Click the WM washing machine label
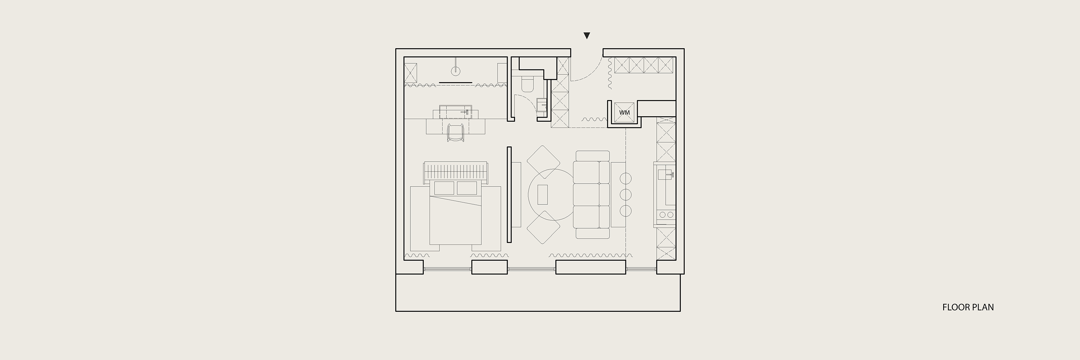pyautogui.click(x=624, y=113)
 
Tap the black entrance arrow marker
pyautogui.click(x=587, y=36)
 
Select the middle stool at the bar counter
pyautogui.click(x=626, y=194)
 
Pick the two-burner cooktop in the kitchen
pyautogui.click(x=666, y=215)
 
